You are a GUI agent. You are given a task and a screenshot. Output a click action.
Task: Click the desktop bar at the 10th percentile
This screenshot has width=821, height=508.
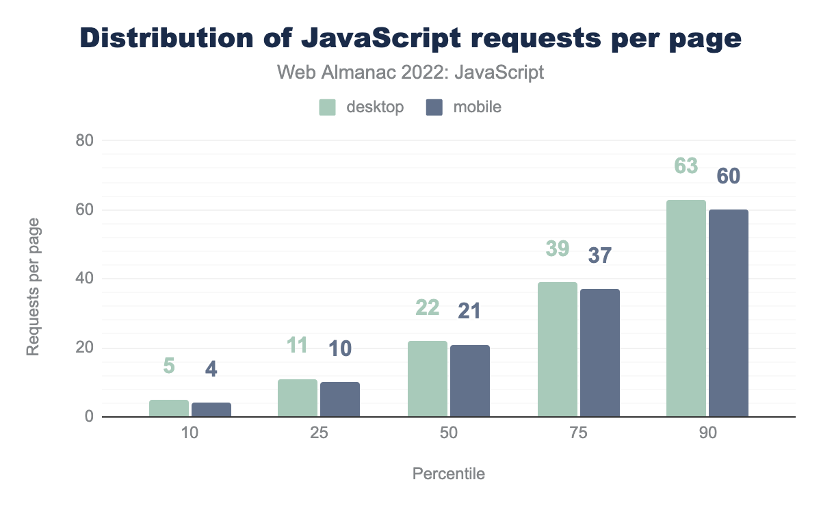pyautogui.click(x=169, y=409)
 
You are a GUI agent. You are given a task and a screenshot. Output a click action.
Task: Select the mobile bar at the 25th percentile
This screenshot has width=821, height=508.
pyautogui.click(x=340, y=400)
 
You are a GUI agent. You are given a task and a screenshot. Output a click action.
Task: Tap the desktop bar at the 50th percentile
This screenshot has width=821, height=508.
pyautogui.click(x=428, y=379)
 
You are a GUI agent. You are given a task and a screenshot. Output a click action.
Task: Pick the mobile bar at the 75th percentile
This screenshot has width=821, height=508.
pyautogui.click(x=600, y=353)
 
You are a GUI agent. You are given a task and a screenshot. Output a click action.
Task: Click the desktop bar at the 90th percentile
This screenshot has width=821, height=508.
pyautogui.click(x=686, y=308)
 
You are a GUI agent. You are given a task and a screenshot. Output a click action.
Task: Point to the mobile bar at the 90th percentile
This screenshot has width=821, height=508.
pyautogui.click(x=729, y=313)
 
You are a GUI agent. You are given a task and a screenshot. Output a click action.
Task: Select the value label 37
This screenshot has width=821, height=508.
pyautogui.click(x=600, y=256)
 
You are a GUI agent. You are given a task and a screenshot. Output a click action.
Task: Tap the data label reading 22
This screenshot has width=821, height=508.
pyautogui.click(x=428, y=307)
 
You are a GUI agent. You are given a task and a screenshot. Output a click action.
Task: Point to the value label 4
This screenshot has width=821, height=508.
pyautogui.click(x=211, y=369)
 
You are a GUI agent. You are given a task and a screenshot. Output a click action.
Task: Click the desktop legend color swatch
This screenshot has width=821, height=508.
pyautogui.click(x=327, y=107)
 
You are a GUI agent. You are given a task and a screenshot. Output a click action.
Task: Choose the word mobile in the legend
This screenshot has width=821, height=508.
pyautogui.click(x=477, y=107)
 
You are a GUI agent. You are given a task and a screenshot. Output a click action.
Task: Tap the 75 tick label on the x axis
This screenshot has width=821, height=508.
pyautogui.click(x=578, y=435)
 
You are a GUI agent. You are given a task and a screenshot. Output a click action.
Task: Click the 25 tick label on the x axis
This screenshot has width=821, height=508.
pyautogui.click(x=319, y=435)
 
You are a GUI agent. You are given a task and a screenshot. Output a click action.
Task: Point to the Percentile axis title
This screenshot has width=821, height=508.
pyautogui.click(x=448, y=474)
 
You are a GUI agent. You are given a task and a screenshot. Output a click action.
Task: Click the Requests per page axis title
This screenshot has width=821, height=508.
pyautogui.click(x=33, y=286)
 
